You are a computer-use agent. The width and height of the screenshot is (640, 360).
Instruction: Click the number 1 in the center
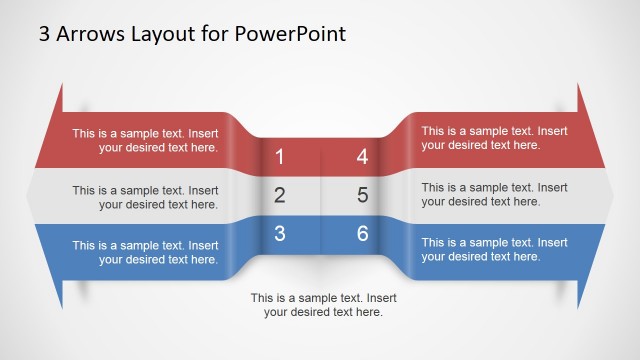click(x=279, y=157)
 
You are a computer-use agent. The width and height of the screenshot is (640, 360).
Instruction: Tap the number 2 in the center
click(x=279, y=195)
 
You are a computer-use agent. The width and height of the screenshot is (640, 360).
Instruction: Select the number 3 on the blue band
click(x=279, y=234)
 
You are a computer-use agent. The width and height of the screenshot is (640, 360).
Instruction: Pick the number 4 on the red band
click(x=362, y=157)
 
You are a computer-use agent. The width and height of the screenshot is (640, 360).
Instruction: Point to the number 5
click(x=362, y=195)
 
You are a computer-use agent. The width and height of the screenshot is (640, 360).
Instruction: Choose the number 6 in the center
click(x=362, y=234)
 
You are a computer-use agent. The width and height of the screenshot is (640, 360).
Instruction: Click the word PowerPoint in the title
click(x=290, y=34)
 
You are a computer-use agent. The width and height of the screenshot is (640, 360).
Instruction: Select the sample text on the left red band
click(x=145, y=140)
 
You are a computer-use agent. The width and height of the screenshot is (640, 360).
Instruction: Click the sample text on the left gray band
click(x=145, y=197)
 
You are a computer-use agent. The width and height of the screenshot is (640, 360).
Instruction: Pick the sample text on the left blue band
click(x=145, y=252)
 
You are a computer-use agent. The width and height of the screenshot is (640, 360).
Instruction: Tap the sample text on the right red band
click(x=494, y=138)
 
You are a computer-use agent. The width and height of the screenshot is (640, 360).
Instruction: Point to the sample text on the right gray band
click(x=494, y=194)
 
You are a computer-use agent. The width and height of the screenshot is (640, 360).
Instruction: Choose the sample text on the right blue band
click(x=494, y=250)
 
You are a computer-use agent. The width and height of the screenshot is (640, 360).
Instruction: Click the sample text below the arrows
click(x=323, y=305)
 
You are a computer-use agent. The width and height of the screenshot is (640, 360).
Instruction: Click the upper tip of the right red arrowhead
click(x=578, y=85)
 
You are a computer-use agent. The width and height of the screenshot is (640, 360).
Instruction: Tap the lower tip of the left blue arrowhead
click(x=61, y=306)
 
